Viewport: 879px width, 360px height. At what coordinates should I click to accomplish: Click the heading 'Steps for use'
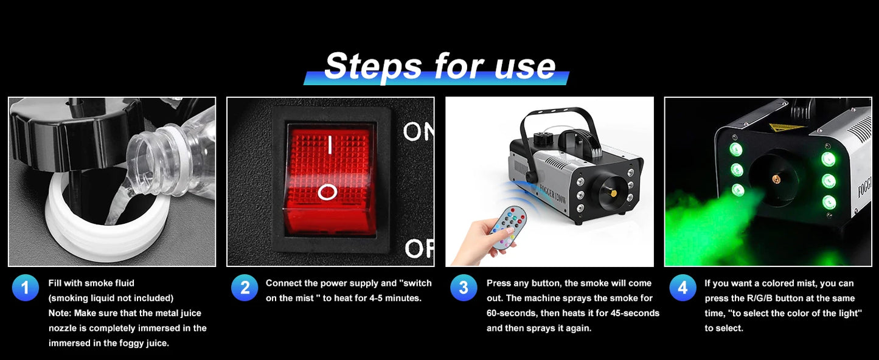pos(439,66)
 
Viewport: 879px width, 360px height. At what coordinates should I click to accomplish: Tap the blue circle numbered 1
pos(25,288)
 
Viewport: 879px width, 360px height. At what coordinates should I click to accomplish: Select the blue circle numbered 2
pos(245,288)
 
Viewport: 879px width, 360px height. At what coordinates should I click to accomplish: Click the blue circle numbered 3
pos(464,288)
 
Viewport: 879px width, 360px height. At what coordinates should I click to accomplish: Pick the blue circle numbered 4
pos(683,288)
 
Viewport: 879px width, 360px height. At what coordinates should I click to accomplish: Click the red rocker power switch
pos(329,179)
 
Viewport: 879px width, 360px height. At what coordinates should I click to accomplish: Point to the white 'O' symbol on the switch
pos(328,193)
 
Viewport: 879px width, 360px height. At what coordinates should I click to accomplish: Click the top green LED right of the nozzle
pos(828,159)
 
